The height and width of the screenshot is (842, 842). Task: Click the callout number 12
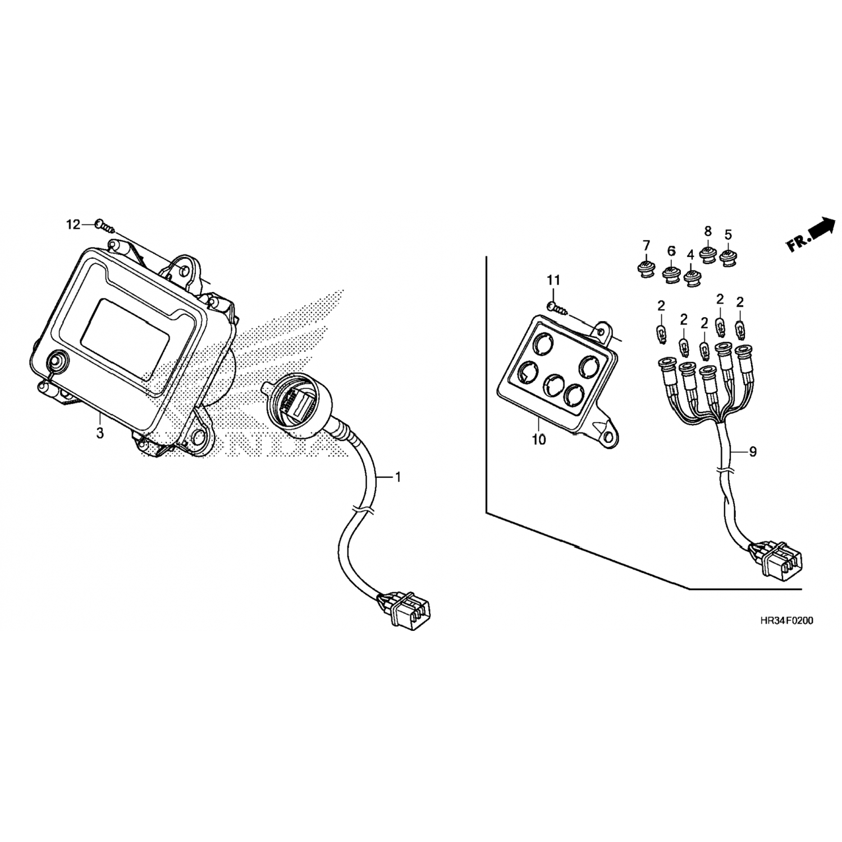(x=74, y=225)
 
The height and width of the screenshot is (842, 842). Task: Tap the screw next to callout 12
(x=105, y=226)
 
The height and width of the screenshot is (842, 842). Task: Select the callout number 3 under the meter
(x=100, y=433)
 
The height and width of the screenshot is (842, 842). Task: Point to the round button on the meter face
(x=57, y=360)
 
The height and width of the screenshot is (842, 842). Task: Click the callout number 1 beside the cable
(x=398, y=478)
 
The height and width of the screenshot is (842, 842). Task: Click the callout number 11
(x=553, y=280)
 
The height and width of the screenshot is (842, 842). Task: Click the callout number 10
(x=538, y=440)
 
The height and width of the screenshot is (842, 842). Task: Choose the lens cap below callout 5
(x=729, y=259)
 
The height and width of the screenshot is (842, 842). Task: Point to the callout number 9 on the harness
(x=753, y=451)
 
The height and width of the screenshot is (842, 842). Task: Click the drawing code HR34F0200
(x=786, y=621)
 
